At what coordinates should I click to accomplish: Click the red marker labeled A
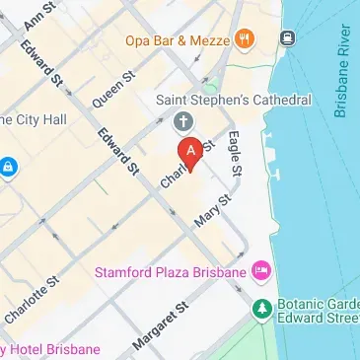click(189, 151)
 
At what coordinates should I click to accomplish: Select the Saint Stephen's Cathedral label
click(235, 101)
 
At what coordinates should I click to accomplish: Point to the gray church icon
click(181, 121)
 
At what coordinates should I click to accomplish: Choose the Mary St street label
click(211, 210)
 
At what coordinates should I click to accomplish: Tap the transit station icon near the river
click(287, 38)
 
